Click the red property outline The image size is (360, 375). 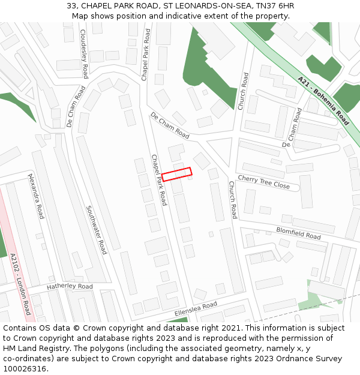tap(177, 174)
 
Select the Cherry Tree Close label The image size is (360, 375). tap(264, 182)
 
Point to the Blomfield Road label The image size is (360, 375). tap(298, 232)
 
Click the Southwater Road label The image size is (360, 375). tap(96, 230)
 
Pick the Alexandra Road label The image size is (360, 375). tap(37, 196)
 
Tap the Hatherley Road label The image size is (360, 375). tap(70, 286)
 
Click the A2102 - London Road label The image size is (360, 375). tap(20, 284)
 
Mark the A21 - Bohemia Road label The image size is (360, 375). tap(323, 100)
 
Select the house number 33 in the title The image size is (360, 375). tap(71, 6)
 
